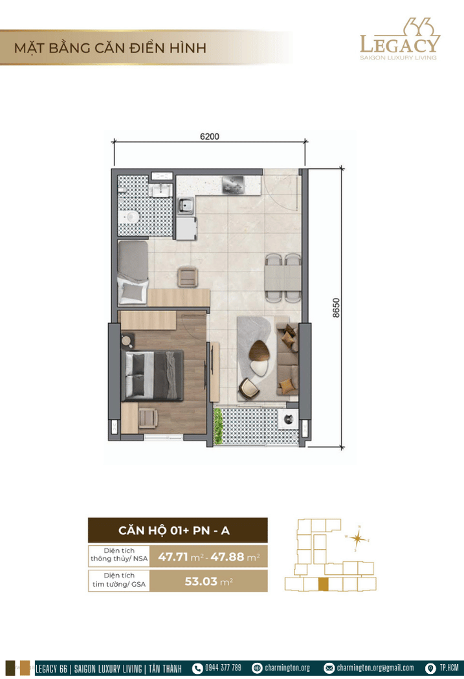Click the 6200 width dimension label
coord(210,136)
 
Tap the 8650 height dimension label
coord(337,308)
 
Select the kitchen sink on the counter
coord(186,205)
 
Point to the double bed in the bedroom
coord(153,376)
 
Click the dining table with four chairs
coord(283,278)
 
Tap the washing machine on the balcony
coord(288,419)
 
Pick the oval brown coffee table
coord(259,350)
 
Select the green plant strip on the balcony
coord(218,427)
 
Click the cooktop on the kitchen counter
coord(234,186)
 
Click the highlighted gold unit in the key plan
coord(323,584)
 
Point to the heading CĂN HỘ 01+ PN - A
coord(174,530)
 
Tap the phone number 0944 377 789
coord(223,668)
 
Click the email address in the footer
coord(375,668)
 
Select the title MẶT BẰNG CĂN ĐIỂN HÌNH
coord(110,48)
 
